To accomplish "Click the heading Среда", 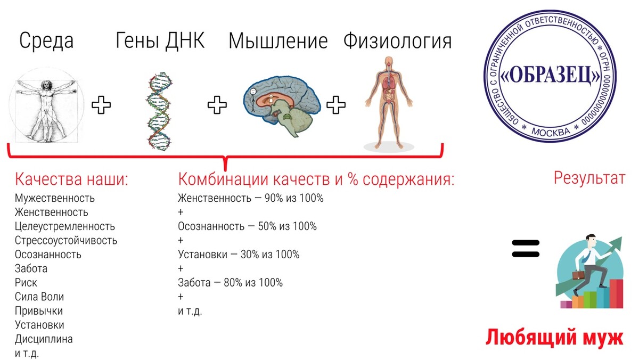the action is [46, 41].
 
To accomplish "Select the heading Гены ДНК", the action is [160, 40].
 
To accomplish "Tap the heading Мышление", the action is [278, 41].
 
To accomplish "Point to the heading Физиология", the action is [397, 41].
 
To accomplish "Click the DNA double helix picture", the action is [159, 111].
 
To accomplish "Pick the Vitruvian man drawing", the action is [46, 105].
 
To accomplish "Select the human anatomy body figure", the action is [389, 103].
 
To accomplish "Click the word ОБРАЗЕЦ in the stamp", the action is [551, 76].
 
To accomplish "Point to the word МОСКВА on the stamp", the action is [550, 132].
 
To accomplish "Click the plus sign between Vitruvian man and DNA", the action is [101, 105].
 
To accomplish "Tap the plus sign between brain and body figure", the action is [336, 105].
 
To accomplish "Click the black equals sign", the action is [526, 248].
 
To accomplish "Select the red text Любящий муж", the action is [554, 338].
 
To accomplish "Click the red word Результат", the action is [589, 178].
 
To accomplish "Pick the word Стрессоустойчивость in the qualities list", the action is [66, 241].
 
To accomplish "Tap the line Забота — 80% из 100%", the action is [230, 283].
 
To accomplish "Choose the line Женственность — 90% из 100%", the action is [251, 198].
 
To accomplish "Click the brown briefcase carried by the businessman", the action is [578, 275].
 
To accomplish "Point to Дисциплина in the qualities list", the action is [44, 339].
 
